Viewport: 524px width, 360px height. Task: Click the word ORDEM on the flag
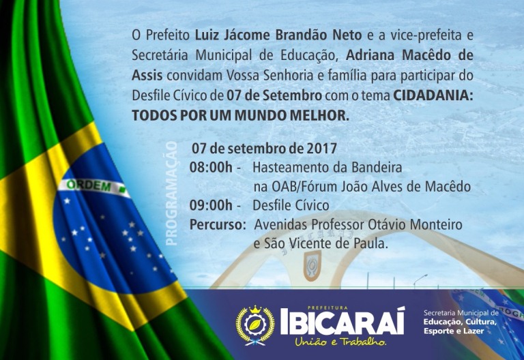89,185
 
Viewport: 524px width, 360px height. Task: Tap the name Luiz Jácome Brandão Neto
278,35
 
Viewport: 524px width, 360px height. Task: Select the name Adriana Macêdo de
409,55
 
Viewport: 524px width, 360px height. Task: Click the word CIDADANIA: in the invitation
433,95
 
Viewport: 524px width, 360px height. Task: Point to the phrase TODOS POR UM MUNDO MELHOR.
241,115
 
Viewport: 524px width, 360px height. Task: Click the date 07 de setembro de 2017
264,148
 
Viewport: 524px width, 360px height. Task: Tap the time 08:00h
211,167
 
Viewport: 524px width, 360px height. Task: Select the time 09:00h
211,205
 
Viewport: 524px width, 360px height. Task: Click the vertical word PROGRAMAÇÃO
171,194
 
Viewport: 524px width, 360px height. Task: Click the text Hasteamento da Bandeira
327,167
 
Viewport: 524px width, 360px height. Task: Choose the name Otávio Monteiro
415,224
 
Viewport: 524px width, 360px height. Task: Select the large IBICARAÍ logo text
343,322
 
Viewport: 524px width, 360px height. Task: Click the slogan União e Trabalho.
340,342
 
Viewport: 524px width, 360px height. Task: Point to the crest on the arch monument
312,265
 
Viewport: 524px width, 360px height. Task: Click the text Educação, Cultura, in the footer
460,322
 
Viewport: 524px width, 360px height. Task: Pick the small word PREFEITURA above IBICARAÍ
323,307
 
